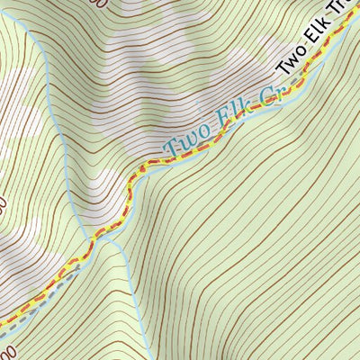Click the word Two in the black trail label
(x=293, y=62)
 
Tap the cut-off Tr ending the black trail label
(x=350, y=28)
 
